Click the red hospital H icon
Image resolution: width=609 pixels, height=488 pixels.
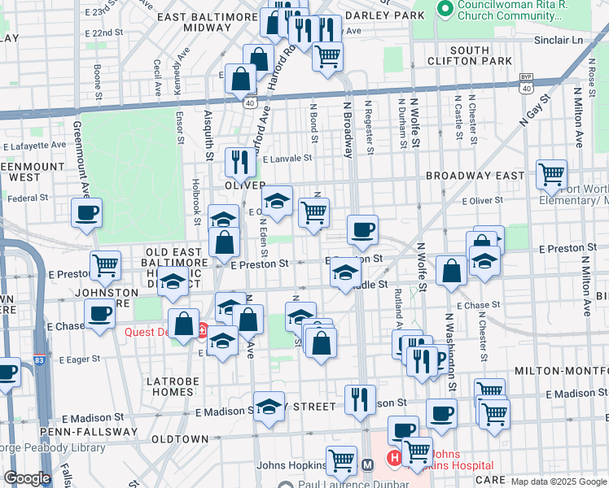(x=394, y=459)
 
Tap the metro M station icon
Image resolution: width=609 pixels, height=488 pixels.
(x=367, y=465)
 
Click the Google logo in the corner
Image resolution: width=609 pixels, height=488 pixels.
(x=27, y=478)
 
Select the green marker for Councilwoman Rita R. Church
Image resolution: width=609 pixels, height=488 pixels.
(x=445, y=8)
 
